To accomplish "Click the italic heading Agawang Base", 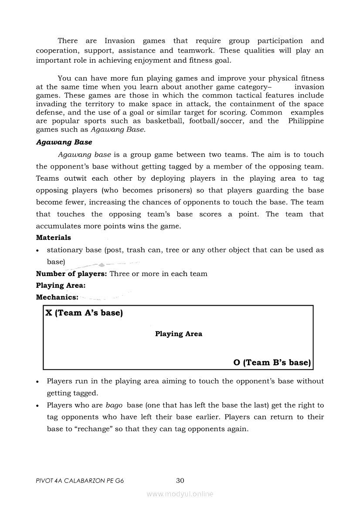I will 64,142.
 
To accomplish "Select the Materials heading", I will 53,238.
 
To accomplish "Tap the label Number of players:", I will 71,274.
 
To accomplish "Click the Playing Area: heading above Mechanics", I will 61,286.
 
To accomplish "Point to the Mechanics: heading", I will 57,297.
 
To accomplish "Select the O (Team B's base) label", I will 272,363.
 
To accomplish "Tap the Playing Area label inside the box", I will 179,334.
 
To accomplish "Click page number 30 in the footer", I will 180,481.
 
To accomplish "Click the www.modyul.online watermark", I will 180,494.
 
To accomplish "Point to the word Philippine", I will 306,121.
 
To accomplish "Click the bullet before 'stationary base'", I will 39,250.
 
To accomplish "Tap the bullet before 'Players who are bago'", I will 39,405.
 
